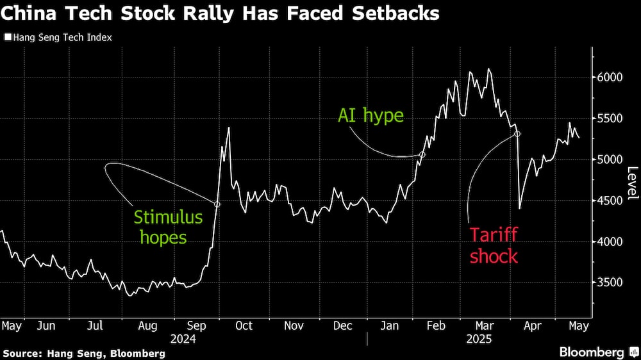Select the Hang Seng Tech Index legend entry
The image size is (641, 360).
(58, 37)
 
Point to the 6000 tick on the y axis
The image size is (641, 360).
(610, 78)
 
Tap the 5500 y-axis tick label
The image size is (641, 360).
(610, 119)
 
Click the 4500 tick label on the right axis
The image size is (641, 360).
(610, 200)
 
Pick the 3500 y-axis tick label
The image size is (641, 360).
(610, 282)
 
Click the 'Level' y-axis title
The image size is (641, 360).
(632, 183)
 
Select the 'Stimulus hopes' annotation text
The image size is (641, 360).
(168, 227)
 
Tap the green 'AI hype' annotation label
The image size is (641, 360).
(370, 116)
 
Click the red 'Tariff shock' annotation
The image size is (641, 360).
(494, 245)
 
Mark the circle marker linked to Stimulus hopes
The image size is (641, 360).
(217, 204)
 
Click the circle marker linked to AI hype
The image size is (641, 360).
(422, 154)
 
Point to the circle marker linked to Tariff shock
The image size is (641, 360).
(517, 134)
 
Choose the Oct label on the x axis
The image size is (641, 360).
(244, 325)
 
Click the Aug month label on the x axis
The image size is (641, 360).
(147, 325)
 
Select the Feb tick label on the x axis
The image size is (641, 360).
(436, 325)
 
